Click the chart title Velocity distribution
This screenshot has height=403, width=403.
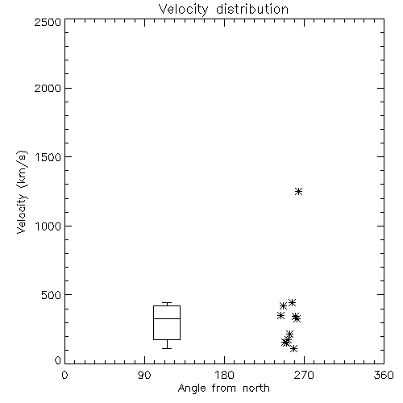click(x=223, y=10)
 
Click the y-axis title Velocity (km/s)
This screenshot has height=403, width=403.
click(x=22, y=192)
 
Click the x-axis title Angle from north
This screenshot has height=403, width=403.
click(x=223, y=388)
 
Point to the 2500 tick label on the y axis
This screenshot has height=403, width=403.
click(x=48, y=22)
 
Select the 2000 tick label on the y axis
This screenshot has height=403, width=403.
click(x=48, y=88)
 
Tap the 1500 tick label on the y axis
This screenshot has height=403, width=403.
click(x=48, y=157)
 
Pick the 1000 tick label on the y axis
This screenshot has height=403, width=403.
click(x=48, y=226)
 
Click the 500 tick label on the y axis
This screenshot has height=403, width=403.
click(x=52, y=295)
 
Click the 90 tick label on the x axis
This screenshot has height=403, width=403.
click(x=144, y=375)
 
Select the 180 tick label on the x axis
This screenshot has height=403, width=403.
click(x=224, y=375)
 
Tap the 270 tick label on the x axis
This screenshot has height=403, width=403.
click(x=304, y=375)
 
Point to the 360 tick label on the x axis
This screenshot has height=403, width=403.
click(x=384, y=375)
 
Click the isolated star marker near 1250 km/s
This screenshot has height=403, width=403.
click(x=298, y=192)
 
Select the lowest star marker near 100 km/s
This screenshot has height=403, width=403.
click(x=294, y=349)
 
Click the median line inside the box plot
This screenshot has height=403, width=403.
click(x=167, y=318)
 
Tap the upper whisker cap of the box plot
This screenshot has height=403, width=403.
click(x=167, y=303)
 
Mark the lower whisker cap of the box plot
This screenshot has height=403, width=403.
click(x=167, y=348)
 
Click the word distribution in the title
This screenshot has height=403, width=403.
click(x=252, y=10)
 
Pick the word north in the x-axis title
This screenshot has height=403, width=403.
click(x=256, y=388)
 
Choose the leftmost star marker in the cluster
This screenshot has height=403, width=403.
click(x=280, y=316)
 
